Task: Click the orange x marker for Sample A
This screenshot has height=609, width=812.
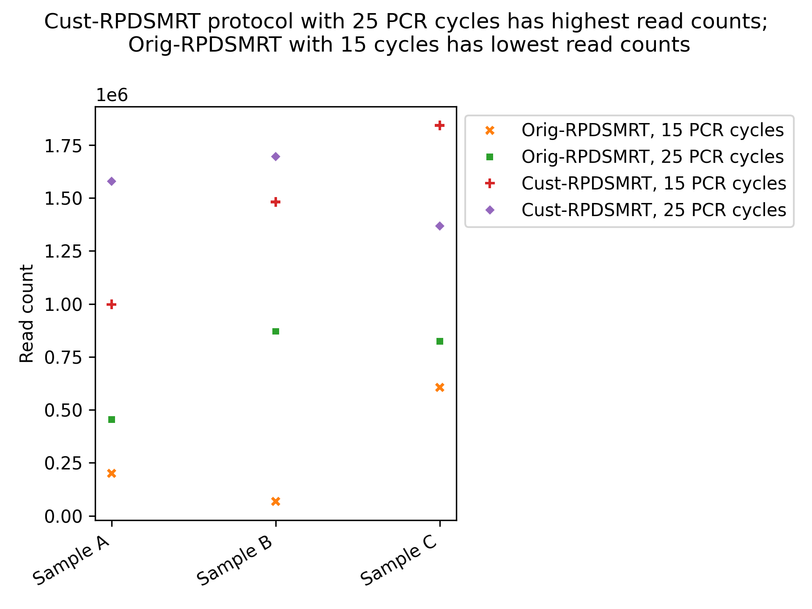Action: click(112, 473)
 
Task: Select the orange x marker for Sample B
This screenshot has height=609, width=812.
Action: click(276, 502)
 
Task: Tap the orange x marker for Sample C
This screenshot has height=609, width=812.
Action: click(440, 387)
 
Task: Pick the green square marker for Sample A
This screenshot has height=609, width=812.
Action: click(112, 420)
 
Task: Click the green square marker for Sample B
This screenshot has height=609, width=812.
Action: click(276, 331)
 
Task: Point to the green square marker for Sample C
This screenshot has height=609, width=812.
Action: click(440, 341)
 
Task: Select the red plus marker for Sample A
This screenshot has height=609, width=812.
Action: click(112, 304)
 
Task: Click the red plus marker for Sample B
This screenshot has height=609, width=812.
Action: click(276, 202)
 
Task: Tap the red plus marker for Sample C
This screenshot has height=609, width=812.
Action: click(440, 125)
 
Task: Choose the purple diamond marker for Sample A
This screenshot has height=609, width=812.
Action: click(112, 181)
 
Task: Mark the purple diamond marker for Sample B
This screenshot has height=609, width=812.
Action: click(276, 157)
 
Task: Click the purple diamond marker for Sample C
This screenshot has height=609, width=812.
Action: click(440, 226)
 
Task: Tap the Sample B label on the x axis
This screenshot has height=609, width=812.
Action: click(235, 565)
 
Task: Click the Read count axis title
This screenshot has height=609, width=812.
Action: click(27, 313)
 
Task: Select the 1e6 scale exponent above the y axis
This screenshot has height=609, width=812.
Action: click(112, 96)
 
